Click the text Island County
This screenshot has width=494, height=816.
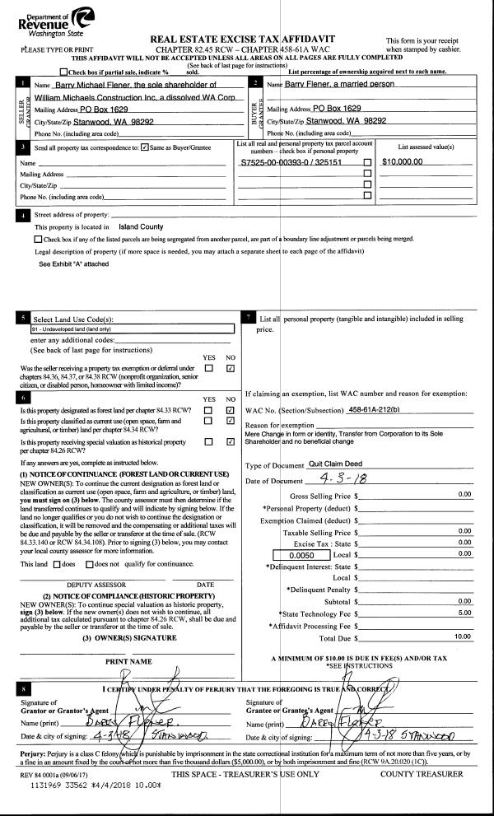(x=141, y=226)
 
